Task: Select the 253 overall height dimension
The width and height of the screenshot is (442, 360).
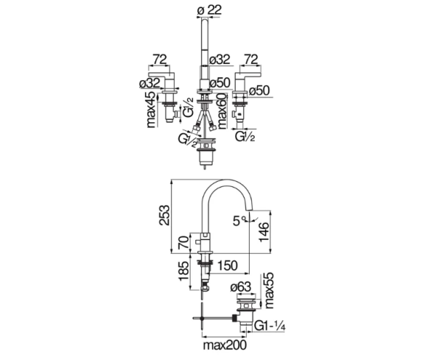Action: coord(166,214)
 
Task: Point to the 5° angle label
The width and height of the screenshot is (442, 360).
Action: coord(237,219)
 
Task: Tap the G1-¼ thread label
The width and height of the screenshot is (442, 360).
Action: coord(272,323)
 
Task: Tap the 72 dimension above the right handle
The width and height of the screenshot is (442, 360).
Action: coord(250,57)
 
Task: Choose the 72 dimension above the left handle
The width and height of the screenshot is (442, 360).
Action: coord(158,57)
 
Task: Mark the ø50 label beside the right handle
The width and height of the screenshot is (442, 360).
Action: coord(259,91)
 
